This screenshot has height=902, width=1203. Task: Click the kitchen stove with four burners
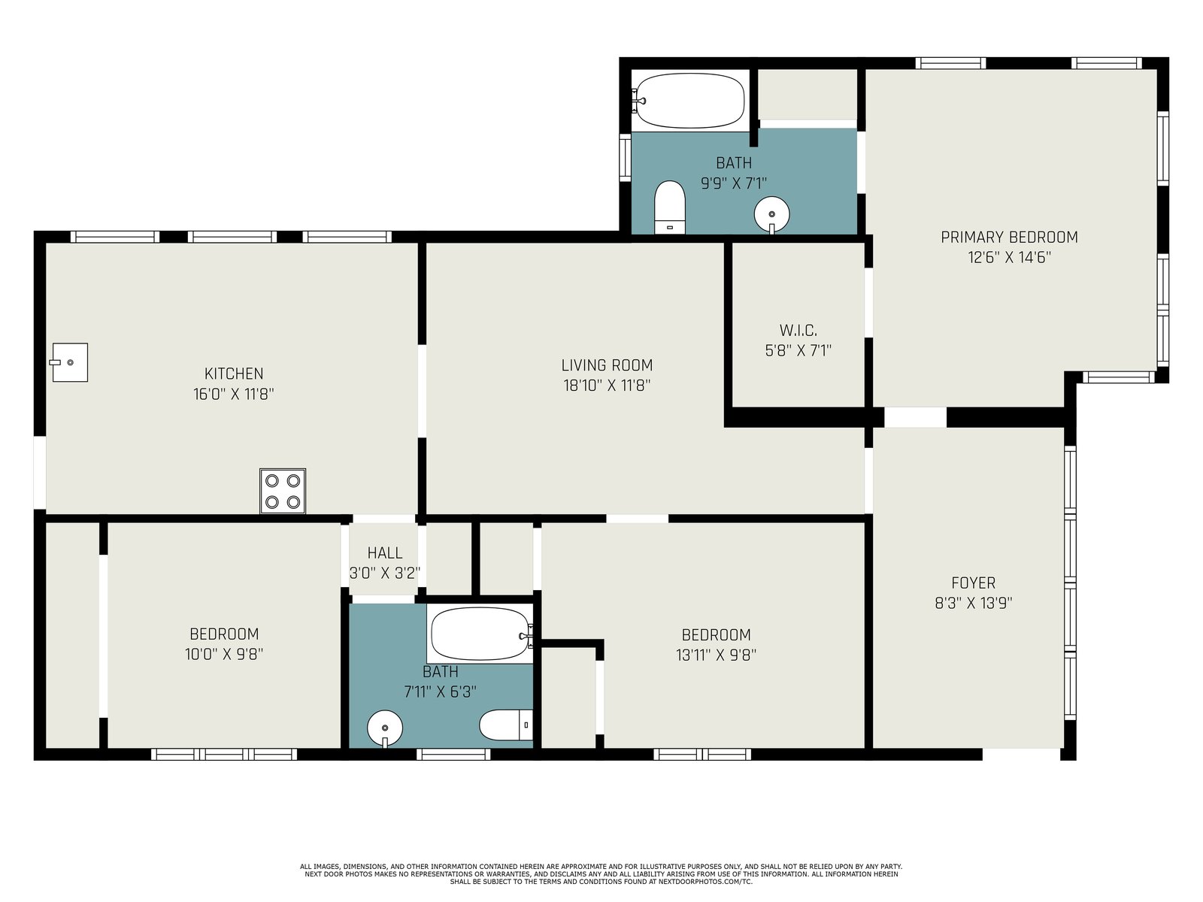point(282,491)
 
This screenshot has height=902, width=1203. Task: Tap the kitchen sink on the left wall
point(69,362)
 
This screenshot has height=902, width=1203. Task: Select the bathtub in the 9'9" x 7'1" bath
point(689,101)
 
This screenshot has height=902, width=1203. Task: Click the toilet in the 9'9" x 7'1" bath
point(670,207)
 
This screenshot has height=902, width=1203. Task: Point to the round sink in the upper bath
point(771,215)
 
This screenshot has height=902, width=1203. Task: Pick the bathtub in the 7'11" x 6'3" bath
point(480,634)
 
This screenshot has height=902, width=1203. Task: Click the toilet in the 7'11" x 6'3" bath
point(506,725)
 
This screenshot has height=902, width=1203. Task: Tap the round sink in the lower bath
point(385,728)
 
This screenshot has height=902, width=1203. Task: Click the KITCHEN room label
point(234,374)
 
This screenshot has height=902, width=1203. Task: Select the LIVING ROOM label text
point(607,365)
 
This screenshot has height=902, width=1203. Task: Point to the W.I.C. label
point(798,330)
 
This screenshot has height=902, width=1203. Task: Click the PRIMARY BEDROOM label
point(1009,237)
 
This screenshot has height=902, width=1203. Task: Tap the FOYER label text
point(974,583)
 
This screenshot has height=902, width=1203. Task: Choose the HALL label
point(385,552)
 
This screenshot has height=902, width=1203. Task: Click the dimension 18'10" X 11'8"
point(607,386)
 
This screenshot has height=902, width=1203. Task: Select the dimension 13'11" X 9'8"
point(716,655)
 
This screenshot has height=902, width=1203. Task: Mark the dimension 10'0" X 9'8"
point(224,654)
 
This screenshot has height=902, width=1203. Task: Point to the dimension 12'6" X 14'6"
point(1009,257)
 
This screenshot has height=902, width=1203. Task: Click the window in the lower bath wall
point(453,755)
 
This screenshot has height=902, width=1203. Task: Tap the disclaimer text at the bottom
point(601,874)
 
